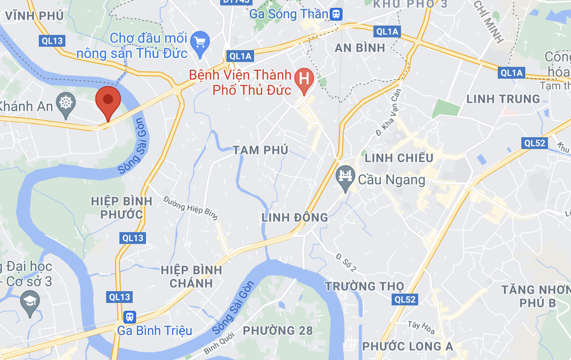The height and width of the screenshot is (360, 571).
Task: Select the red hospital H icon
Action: pyautogui.click(x=304, y=78)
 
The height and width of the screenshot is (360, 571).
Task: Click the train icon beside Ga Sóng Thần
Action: pyautogui.click(x=337, y=14)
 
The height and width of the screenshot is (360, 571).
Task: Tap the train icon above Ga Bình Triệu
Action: pyautogui.click(x=130, y=316)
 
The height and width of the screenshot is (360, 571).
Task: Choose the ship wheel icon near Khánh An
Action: pyautogui.click(x=65, y=103)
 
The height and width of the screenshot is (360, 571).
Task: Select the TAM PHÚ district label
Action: pyautogui.click(x=260, y=150)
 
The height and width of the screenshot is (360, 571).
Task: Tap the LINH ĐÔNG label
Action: pyautogui.click(x=294, y=217)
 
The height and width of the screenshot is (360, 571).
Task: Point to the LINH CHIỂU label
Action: pyautogui.click(x=399, y=158)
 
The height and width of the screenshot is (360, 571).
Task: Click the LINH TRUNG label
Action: pyautogui.click(x=503, y=99)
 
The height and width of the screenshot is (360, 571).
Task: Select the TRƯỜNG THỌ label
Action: pyautogui.click(x=364, y=286)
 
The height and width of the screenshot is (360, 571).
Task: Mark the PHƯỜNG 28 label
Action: pyautogui.click(x=278, y=330)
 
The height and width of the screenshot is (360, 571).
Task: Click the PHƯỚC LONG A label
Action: pyautogui.click(x=407, y=347)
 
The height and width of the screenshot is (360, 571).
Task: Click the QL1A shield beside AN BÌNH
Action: pyautogui.click(x=388, y=32)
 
